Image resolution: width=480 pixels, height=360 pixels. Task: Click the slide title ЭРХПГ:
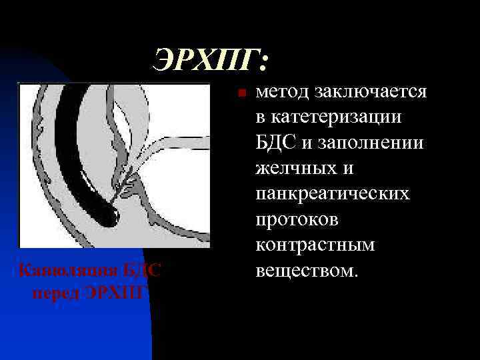[x=211, y=61]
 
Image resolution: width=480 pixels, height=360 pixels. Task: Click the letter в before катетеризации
[x=260, y=118]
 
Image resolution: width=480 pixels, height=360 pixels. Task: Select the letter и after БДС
[x=307, y=144]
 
